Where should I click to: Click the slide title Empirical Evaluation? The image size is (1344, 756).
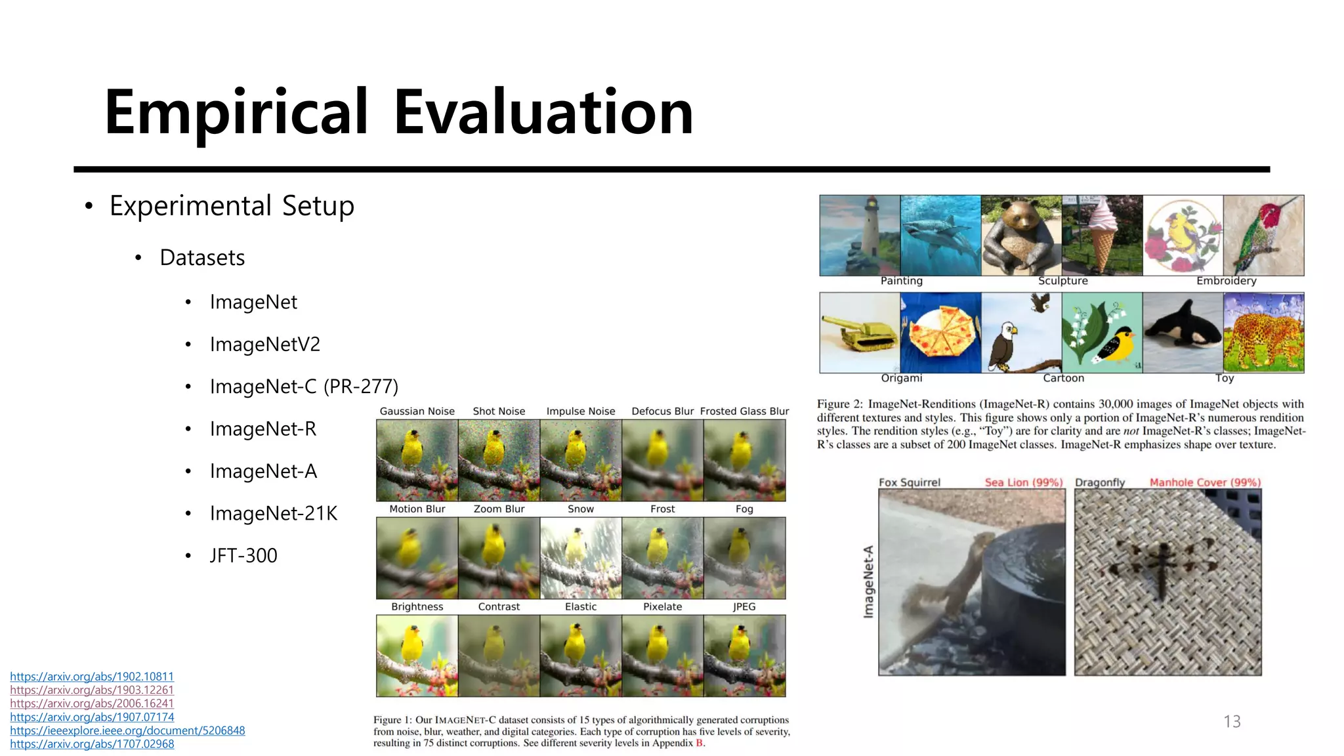click(x=398, y=112)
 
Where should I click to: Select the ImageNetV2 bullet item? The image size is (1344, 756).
click(x=264, y=344)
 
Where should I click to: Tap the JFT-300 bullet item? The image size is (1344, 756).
click(x=243, y=555)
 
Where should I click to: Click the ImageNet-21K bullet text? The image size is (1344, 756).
click(x=273, y=513)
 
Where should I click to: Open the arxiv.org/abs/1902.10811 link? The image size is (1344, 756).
click(x=92, y=676)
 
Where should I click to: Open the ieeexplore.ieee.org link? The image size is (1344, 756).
click(x=127, y=730)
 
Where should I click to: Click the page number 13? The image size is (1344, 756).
click(x=1232, y=721)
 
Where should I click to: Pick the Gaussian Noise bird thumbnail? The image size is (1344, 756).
click(x=417, y=460)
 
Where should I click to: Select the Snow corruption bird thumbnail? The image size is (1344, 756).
click(x=580, y=558)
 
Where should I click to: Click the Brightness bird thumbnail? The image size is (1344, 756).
click(x=417, y=656)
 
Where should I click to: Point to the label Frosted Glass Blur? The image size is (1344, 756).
click(x=744, y=411)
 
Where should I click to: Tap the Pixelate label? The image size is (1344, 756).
click(x=662, y=606)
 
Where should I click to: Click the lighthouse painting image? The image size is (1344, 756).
click(x=860, y=235)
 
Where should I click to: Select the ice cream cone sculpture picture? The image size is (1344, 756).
click(x=1102, y=235)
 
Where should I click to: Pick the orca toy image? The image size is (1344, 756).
click(x=1183, y=333)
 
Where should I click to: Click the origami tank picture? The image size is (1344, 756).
click(x=860, y=333)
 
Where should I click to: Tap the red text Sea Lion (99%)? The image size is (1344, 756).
click(x=1023, y=482)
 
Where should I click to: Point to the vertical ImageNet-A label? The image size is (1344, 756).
click(x=868, y=581)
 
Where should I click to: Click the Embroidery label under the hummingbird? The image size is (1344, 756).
click(x=1226, y=281)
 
